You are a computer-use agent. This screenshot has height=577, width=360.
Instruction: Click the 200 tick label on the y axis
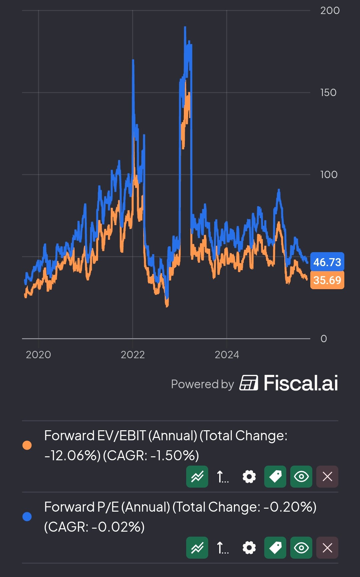pyautogui.click(x=330, y=11)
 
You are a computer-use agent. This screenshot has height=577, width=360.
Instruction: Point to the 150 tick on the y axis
pyautogui.click(x=328, y=93)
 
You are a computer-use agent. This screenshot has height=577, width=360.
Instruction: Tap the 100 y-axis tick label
pyautogui.click(x=329, y=175)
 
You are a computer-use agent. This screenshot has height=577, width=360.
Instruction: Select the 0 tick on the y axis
pyautogui.click(x=324, y=339)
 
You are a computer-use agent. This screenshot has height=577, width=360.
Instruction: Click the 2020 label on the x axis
pyautogui.click(x=38, y=355)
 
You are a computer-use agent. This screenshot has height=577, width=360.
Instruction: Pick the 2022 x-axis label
pyautogui.click(x=133, y=355)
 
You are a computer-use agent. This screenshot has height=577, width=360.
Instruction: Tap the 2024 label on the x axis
pyautogui.click(x=227, y=355)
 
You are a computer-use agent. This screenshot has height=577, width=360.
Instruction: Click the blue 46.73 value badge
pyautogui.click(x=327, y=262)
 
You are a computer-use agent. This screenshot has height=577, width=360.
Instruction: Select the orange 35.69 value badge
pyautogui.click(x=327, y=280)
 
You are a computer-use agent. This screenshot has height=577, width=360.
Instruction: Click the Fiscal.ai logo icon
pyautogui.click(x=249, y=383)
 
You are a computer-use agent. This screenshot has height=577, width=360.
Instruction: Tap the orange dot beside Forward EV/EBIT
pyautogui.click(x=27, y=445)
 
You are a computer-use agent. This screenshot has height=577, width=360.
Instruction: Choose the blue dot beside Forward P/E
pyautogui.click(x=27, y=517)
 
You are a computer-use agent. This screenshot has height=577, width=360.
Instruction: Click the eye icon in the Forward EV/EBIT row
pyautogui.click(x=301, y=477)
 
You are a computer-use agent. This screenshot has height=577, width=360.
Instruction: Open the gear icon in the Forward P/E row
pyautogui.click(x=249, y=548)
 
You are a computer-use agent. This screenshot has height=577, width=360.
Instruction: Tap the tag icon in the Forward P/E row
pyautogui.click(x=275, y=548)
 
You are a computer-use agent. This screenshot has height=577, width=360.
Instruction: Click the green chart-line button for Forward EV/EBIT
pyautogui.click(x=197, y=477)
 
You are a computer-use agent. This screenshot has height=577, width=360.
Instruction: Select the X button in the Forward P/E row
pyautogui.click(x=327, y=548)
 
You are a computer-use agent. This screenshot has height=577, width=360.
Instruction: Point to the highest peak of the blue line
pyautogui.click(x=185, y=27)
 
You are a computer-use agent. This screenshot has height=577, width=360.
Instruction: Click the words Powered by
pyautogui.click(x=202, y=384)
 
